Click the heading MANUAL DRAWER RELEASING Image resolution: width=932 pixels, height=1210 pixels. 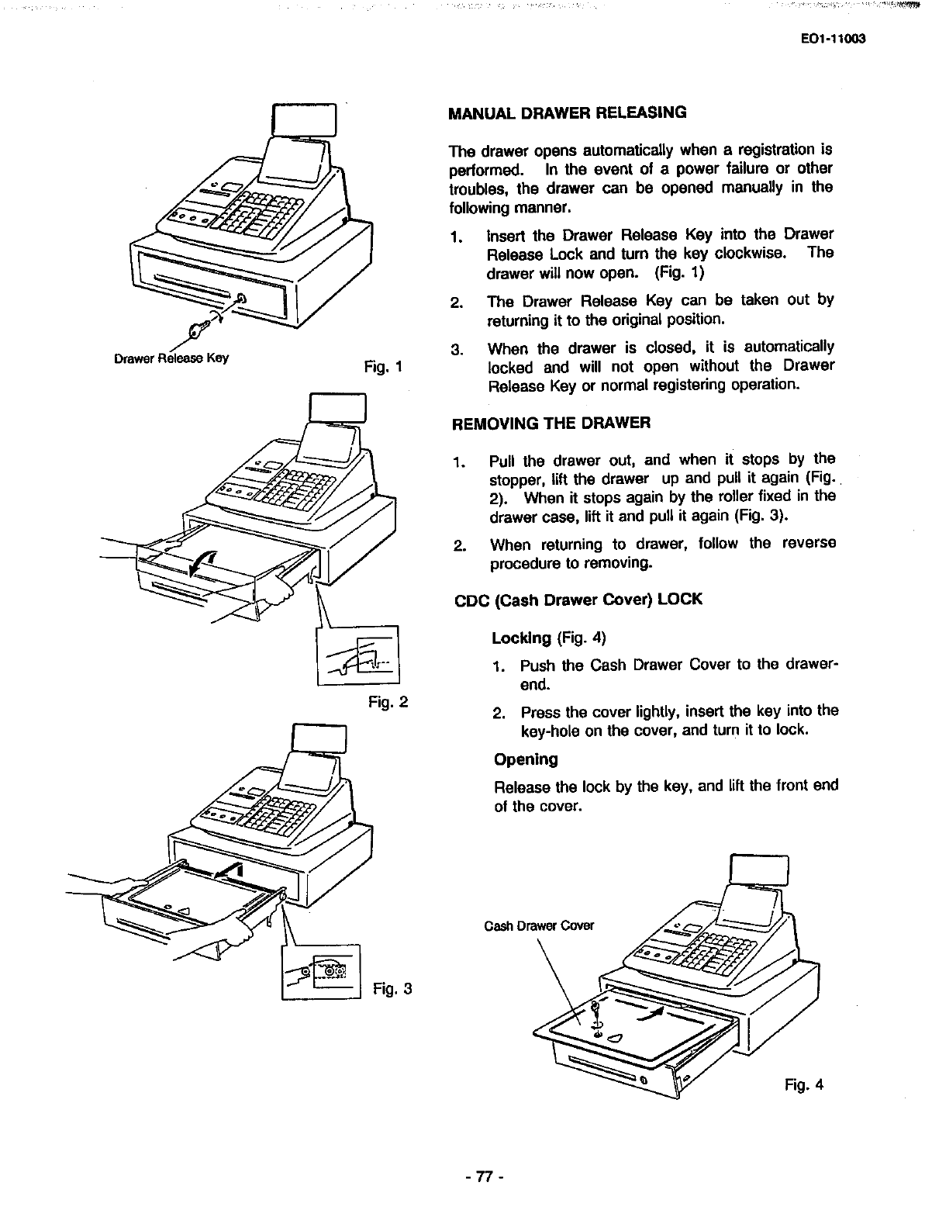coord(568,112)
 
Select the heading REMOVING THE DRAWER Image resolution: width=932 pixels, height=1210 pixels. coord(551,423)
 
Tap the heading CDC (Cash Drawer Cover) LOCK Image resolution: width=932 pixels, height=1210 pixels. coord(577,600)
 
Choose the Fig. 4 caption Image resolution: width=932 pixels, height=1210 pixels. coord(803,1084)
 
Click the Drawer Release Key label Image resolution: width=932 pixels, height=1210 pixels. coord(171,358)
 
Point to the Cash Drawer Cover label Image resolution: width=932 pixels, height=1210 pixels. coord(539,925)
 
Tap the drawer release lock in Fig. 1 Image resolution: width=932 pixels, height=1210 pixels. coord(242,299)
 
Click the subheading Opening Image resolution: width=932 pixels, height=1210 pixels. coord(526,759)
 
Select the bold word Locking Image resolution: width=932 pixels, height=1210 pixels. coord(521,638)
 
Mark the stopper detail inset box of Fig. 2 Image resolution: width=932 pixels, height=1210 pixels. coord(357,656)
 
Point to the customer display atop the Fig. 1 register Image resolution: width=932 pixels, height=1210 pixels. coord(304,120)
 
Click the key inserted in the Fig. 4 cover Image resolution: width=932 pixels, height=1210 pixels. coord(596,1012)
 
